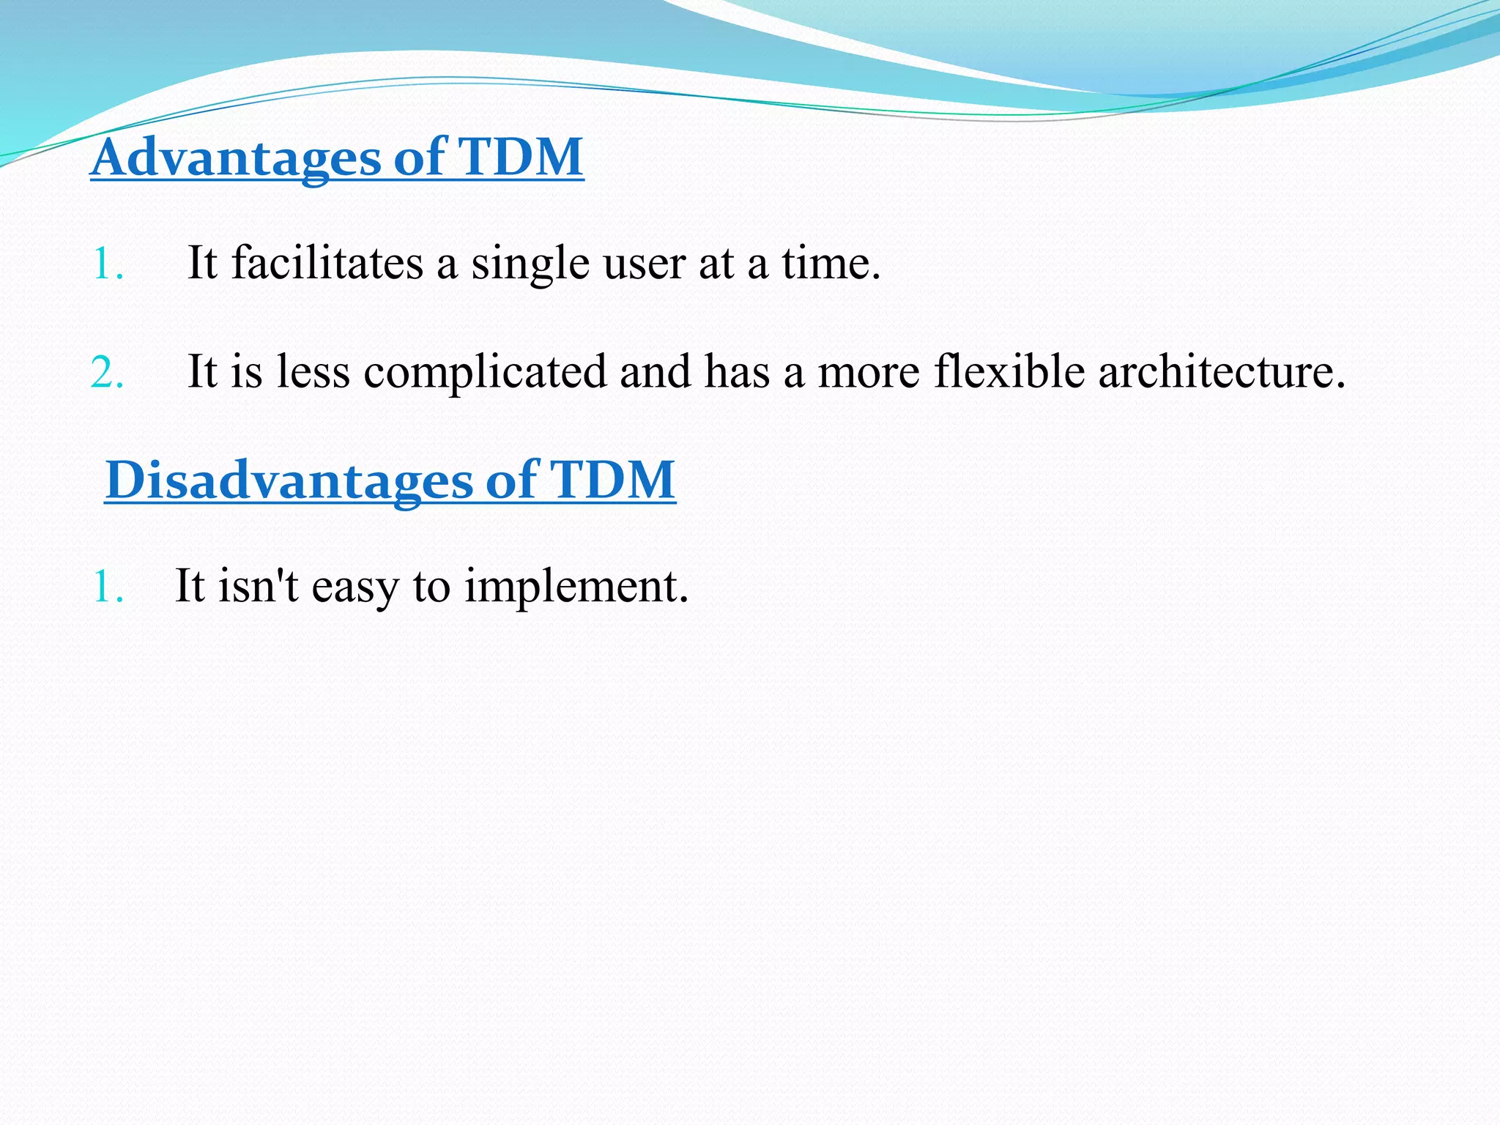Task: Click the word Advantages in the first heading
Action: click(x=236, y=158)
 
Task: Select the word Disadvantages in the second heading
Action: click(x=289, y=481)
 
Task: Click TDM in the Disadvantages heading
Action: click(x=612, y=480)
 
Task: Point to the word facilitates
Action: click(x=327, y=263)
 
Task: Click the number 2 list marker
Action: click(x=107, y=373)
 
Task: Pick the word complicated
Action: click(x=485, y=372)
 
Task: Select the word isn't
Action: click(x=258, y=586)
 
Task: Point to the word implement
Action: click(x=576, y=587)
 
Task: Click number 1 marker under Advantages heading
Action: click(x=107, y=264)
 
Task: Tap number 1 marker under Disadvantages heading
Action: click(x=107, y=587)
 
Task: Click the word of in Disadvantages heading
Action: click(x=511, y=480)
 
